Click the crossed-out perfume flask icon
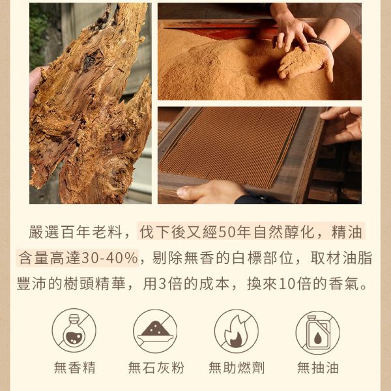[74, 330]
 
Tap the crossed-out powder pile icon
[155, 330]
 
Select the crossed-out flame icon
[236, 330]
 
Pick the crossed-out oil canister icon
[317, 332]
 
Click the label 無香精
[74, 368]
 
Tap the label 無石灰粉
[156, 368]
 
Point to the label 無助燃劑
[237, 368]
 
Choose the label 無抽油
[318, 368]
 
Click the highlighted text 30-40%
[109, 258]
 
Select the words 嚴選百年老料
[76, 232]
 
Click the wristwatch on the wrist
[322, 44]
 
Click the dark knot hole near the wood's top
[91, 61]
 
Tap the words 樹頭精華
[94, 283]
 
